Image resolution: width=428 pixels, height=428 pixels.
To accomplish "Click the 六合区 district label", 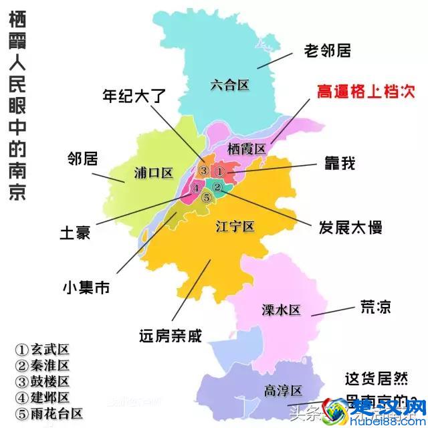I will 229,85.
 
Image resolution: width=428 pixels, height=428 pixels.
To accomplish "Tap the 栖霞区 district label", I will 246,148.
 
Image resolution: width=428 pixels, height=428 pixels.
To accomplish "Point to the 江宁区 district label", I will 235,227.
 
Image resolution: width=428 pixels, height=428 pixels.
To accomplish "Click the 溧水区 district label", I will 282,310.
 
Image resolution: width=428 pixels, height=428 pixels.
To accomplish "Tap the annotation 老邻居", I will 328,50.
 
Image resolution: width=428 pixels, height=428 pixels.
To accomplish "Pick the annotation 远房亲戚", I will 170,334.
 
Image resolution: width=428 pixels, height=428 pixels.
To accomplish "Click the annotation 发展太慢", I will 350,227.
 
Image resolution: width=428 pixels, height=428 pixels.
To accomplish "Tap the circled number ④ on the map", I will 196,189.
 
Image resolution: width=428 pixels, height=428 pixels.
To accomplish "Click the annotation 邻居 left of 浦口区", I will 83,159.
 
